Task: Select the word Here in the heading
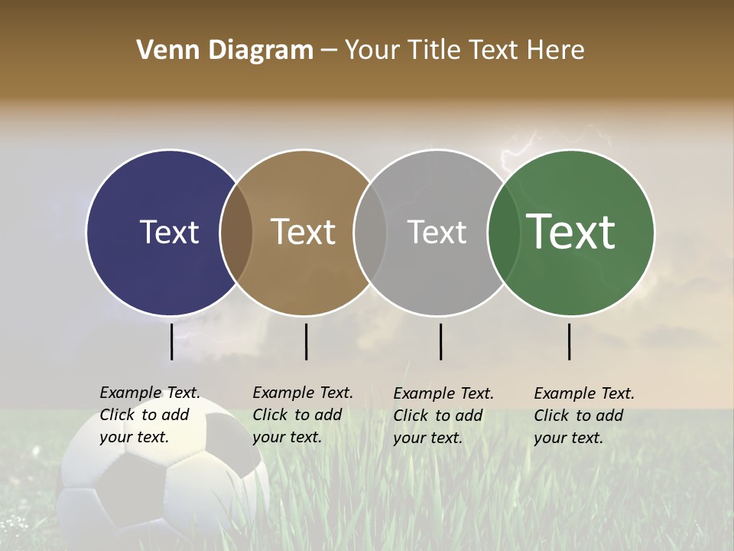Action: point(557,51)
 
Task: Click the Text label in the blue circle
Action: point(169,232)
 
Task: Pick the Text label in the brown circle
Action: point(303,232)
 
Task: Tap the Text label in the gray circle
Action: point(437,232)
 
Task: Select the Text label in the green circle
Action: point(570,232)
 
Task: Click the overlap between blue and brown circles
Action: point(236,233)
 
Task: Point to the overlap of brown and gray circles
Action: point(370,233)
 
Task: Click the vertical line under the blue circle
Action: point(171,341)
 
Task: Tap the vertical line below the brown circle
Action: point(306,341)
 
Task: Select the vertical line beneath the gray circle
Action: point(440,341)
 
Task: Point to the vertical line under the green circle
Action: point(569,341)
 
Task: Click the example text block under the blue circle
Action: point(149,415)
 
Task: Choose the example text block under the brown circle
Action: point(302,415)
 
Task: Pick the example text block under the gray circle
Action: point(443,416)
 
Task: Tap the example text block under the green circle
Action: point(583,416)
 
